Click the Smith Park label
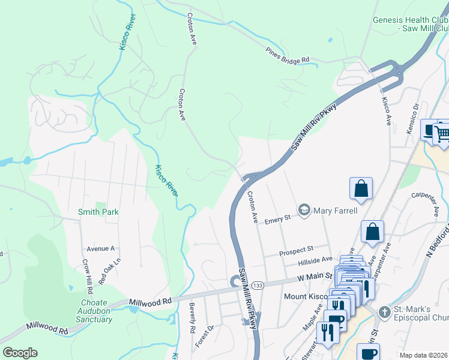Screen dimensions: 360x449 click(98, 212)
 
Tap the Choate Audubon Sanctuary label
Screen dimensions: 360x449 click(94, 311)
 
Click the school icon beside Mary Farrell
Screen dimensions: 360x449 click(304, 211)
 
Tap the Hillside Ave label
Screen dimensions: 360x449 click(315, 260)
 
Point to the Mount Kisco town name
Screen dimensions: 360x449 click(305, 296)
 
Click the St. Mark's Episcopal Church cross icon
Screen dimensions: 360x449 click(384, 311)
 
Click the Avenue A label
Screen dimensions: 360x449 click(100, 248)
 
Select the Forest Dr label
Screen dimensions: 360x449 click(205, 336)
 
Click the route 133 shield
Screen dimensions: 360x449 click(256, 284)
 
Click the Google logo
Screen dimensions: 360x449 click(20, 353)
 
